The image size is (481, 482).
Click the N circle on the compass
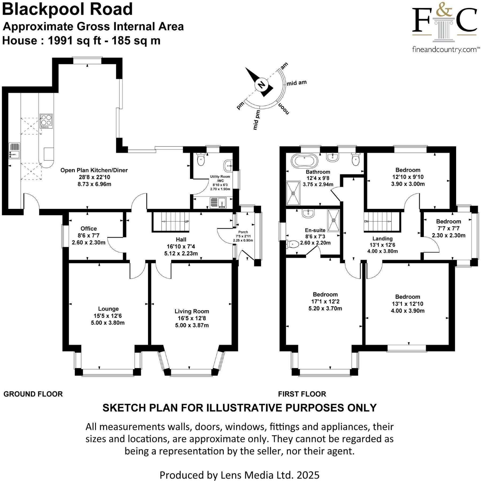[261, 85]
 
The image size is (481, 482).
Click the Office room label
[89, 229]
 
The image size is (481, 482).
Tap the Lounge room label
[108, 309]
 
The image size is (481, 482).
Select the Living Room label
[192, 311]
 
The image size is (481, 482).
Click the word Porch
[243, 232]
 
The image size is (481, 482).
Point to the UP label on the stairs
[187, 222]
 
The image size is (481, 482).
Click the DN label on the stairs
[366, 221]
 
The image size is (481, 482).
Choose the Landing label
[382, 239]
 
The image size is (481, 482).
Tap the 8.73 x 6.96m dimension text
[94, 184]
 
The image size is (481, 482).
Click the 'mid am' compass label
[297, 83]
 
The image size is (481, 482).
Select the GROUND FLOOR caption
[33, 394]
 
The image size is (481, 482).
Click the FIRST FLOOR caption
[302, 394]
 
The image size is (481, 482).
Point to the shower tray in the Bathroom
[293, 193]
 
